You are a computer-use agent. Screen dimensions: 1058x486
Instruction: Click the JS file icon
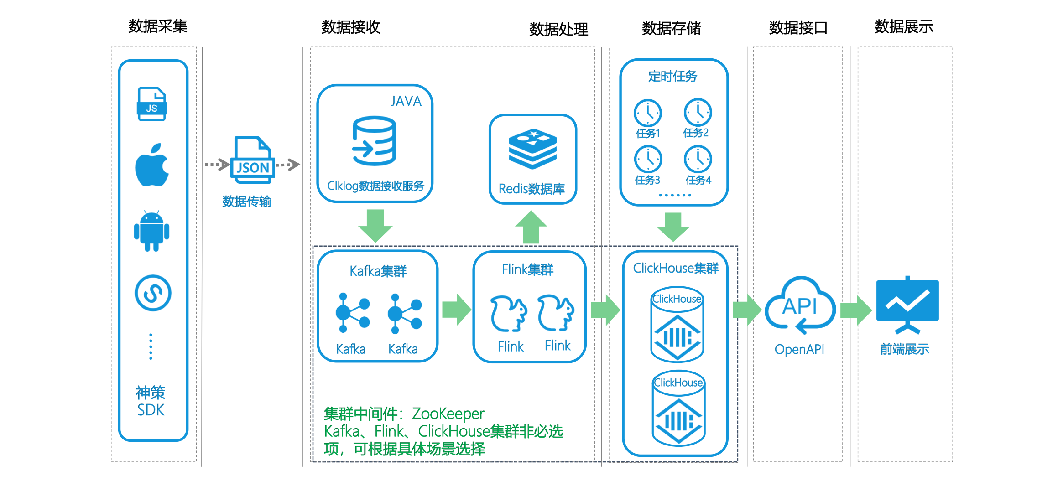pyautogui.click(x=152, y=104)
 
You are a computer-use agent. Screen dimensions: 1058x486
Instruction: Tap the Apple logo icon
pyautogui.click(x=152, y=165)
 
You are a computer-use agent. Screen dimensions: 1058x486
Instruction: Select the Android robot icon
pyautogui.click(x=152, y=231)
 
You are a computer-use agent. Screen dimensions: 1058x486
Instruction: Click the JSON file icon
pyautogui.click(x=252, y=160)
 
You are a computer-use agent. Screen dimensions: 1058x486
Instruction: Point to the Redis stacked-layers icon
pyautogui.click(x=533, y=149)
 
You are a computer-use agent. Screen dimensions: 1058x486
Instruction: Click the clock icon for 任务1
pyautogui.click(x=648, y=113)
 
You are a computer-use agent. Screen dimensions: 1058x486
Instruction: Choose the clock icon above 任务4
pyautogui.click(x=698, y=159)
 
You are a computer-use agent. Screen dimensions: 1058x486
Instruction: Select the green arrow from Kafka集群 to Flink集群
pyautogui.click(x=457, y=310)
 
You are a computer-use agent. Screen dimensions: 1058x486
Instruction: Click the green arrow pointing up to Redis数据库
pyautogui.click(x=531, y=227)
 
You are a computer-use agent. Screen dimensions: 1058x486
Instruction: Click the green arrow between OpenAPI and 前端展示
pyautogui.click(x=856, y=310)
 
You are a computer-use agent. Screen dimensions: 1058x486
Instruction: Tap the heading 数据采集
pyautogui.click(x=158, y=26)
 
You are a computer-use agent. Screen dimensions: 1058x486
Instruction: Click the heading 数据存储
pyautogui.click(x=672, y=28)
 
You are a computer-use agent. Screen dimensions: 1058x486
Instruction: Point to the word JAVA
pyautogui.click(x=406, y=101)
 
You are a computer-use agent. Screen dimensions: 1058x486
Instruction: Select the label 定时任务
pyautogui.click(x=673, y=76)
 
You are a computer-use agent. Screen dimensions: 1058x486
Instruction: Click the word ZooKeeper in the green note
pyautogui.click(x=448, y=414)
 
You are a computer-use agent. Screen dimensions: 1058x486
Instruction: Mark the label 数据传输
pyautogui.click(x=247, y=202)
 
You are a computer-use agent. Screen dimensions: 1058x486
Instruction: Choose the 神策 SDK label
pyautogui.click(x=151, y=401)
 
